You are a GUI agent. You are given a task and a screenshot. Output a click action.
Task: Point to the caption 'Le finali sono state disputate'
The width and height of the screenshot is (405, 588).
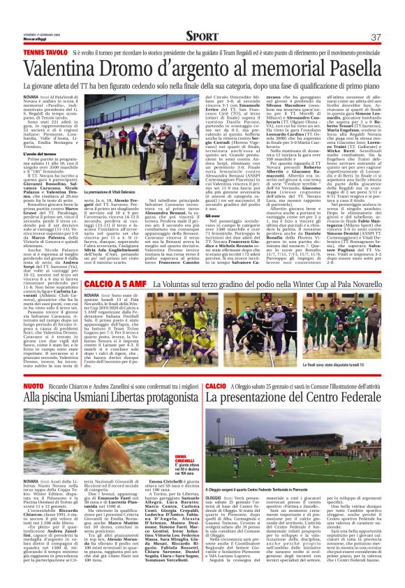coord(346,364)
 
